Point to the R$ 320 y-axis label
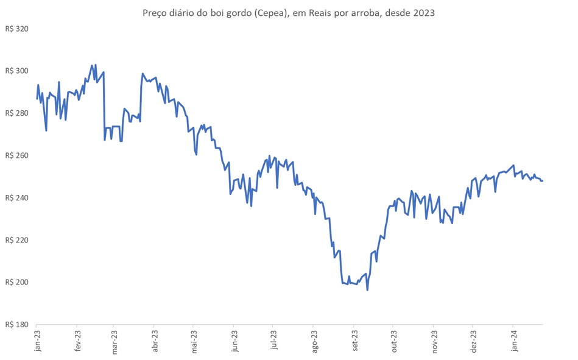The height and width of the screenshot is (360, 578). (17, 29)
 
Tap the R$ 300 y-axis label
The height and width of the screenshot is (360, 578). (17, 71)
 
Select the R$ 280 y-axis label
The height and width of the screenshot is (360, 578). (17, 113)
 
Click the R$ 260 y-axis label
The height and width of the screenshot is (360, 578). (17, 155)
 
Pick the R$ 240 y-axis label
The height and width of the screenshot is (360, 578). (17, 198)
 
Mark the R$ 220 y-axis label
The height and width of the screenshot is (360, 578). (17, 240)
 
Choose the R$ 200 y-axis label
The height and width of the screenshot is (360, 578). (17, 282)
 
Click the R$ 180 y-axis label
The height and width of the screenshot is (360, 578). (17, 325)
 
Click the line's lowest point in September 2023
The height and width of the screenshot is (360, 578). (367, 290)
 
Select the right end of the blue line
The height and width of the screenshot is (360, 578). (543, 181)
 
